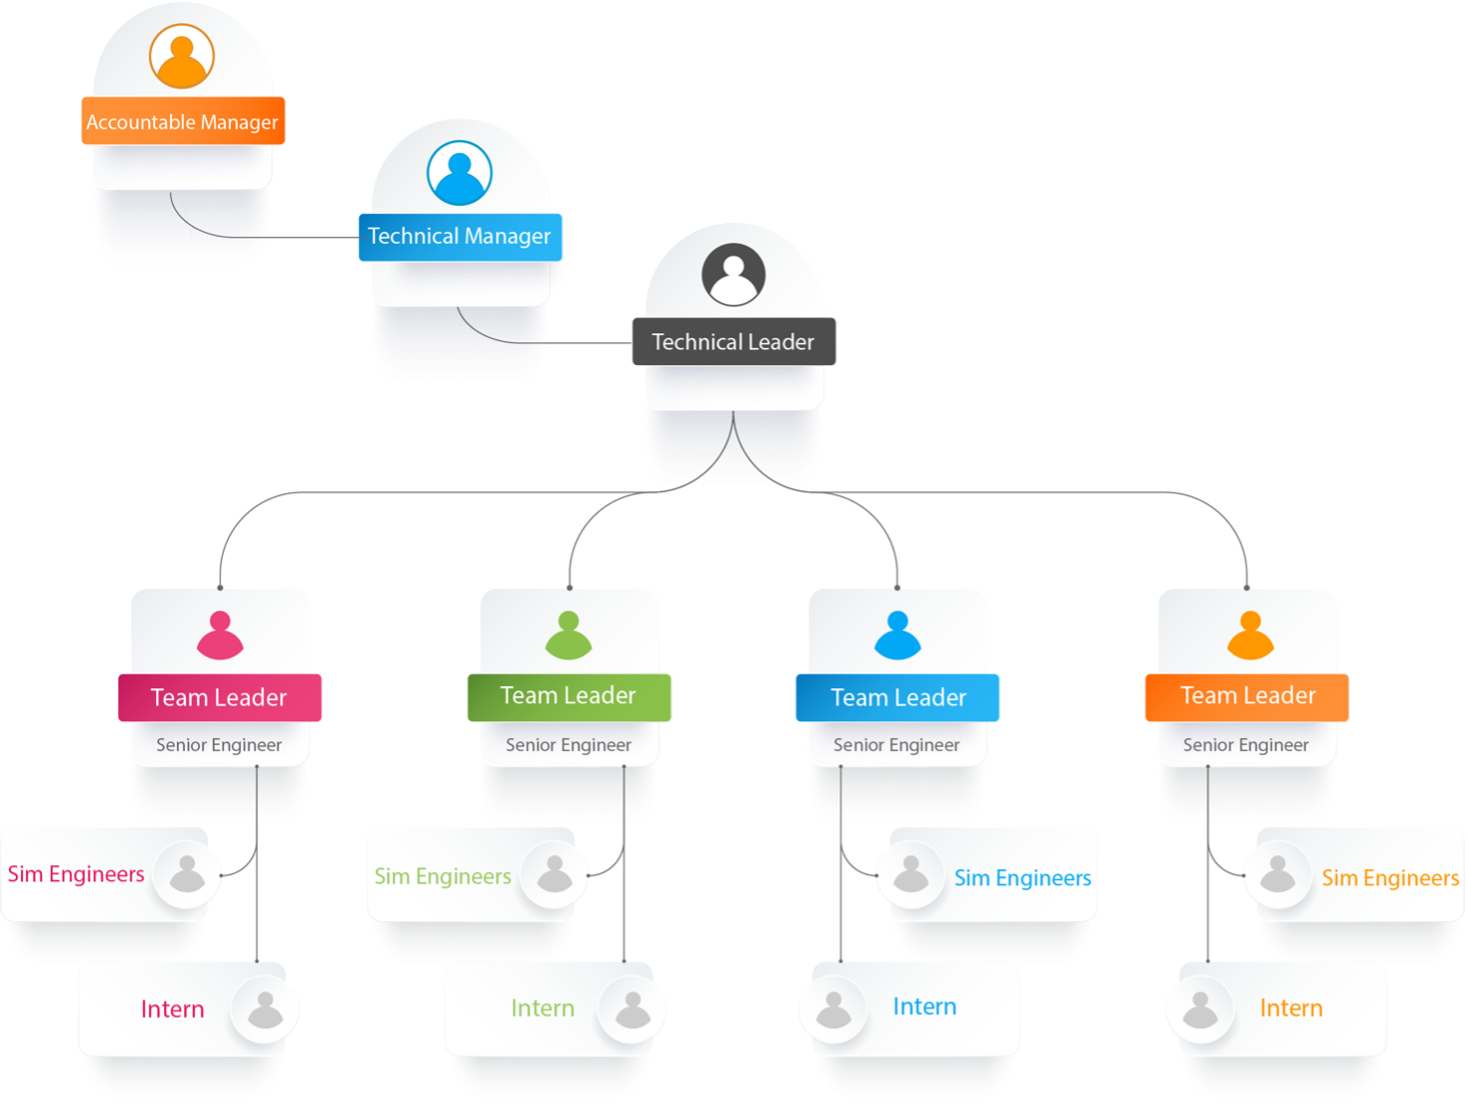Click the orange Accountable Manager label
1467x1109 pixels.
coord(183,121)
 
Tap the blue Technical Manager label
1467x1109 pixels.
coord(459,237)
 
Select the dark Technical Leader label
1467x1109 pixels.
coord(733,342)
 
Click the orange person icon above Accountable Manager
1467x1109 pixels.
coord(182,56)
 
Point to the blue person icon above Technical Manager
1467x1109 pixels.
coord(459,172)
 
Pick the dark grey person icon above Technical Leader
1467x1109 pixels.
coord(734,275)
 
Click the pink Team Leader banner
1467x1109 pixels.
coord(219,697)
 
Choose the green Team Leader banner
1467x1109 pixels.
coord(569,696)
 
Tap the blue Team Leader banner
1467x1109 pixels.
coord(898,697)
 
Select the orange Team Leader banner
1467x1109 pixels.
coord(1247,696)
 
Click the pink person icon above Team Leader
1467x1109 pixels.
coord(220,636)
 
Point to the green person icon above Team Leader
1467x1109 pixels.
coord(569,636)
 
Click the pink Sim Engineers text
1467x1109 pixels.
coord(77,874)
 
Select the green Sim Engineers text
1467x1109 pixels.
coord(443,876)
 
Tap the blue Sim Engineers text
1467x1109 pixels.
coord(1022,878)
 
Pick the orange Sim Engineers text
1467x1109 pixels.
coord(1389,878)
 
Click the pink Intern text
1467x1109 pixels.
coord(172,1010)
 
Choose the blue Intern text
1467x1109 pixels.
coord(924,1007)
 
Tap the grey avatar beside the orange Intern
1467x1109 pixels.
coord(1199,1010)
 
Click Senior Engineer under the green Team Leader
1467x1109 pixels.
coord(568,745)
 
